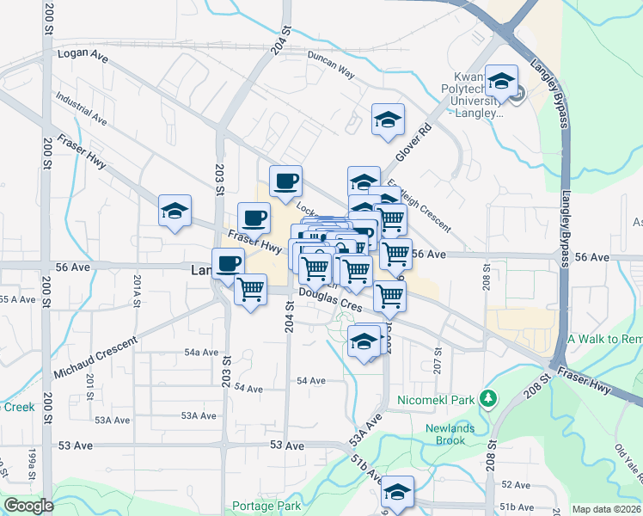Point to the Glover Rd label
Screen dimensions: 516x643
[x=413, y=144]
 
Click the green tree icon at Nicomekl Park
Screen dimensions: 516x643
[x=489, y=398]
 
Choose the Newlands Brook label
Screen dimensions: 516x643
[x=445, y=434]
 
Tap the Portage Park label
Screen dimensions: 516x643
[x=266, y=507]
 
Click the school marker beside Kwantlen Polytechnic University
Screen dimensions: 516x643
[x=501, y=83]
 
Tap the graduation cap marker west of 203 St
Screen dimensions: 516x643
[x=175, y=212]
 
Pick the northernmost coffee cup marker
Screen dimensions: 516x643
[x=285, y=181]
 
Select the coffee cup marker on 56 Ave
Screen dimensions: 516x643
[x=228, y=262]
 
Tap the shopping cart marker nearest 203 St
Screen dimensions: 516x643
[x=251, y=290]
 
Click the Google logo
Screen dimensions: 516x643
[x=28, y=506]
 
